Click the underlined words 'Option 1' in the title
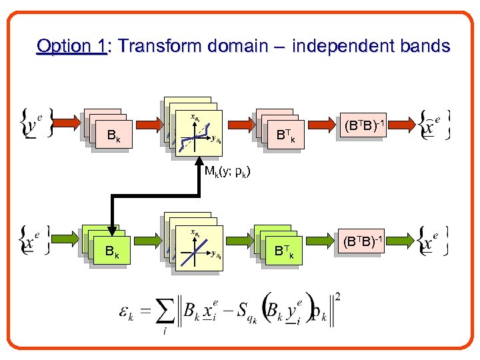[72, 47]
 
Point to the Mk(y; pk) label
[227, 173]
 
